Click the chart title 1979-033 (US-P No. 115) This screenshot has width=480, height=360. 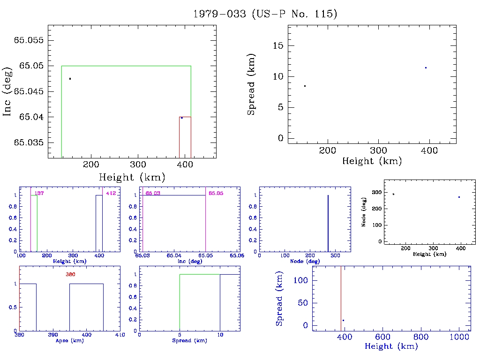click(x=265, y=14)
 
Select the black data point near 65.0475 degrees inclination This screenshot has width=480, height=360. click(x=70, y=79)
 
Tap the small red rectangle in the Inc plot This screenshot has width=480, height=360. click(x=185, y=136)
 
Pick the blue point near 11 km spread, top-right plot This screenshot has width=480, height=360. click(x=426, y=68)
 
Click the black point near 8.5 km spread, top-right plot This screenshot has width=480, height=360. click(x=305, y=86)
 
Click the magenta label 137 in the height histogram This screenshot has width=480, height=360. click(x=39, y=193)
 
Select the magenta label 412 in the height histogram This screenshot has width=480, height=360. click(x=111, y=193)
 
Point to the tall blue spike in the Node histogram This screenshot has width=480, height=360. click(x=328, y=223)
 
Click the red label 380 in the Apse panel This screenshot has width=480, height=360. click(x=71, y=274)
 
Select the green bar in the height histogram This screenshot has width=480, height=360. click(x=34, y=223)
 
